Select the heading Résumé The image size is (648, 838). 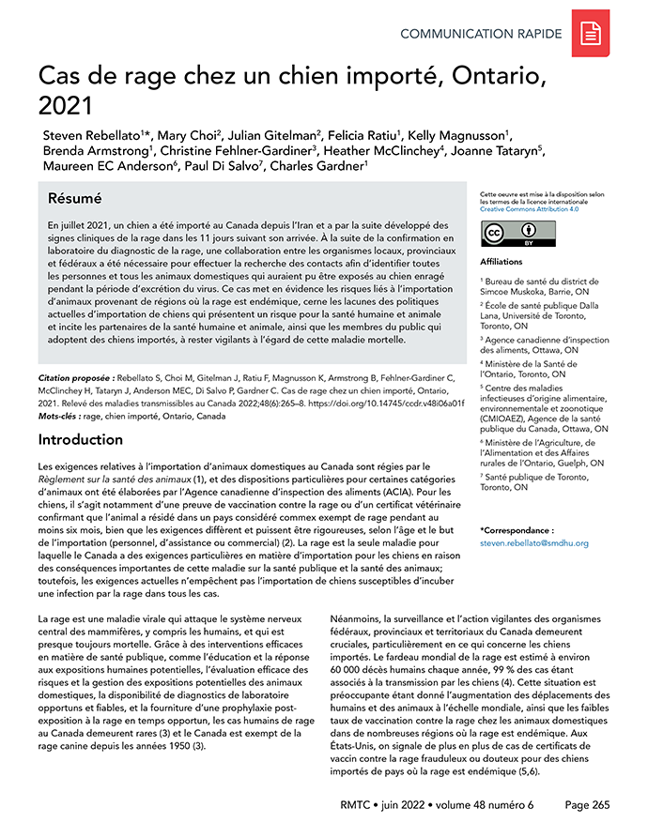(74, 199)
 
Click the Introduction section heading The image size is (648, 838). (81, 439)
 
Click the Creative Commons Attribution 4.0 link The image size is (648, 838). (526, 209)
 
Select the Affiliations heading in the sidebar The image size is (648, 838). (501, 262)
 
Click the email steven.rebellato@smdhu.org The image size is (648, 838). (533, 543)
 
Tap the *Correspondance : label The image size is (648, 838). (517, 530)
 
